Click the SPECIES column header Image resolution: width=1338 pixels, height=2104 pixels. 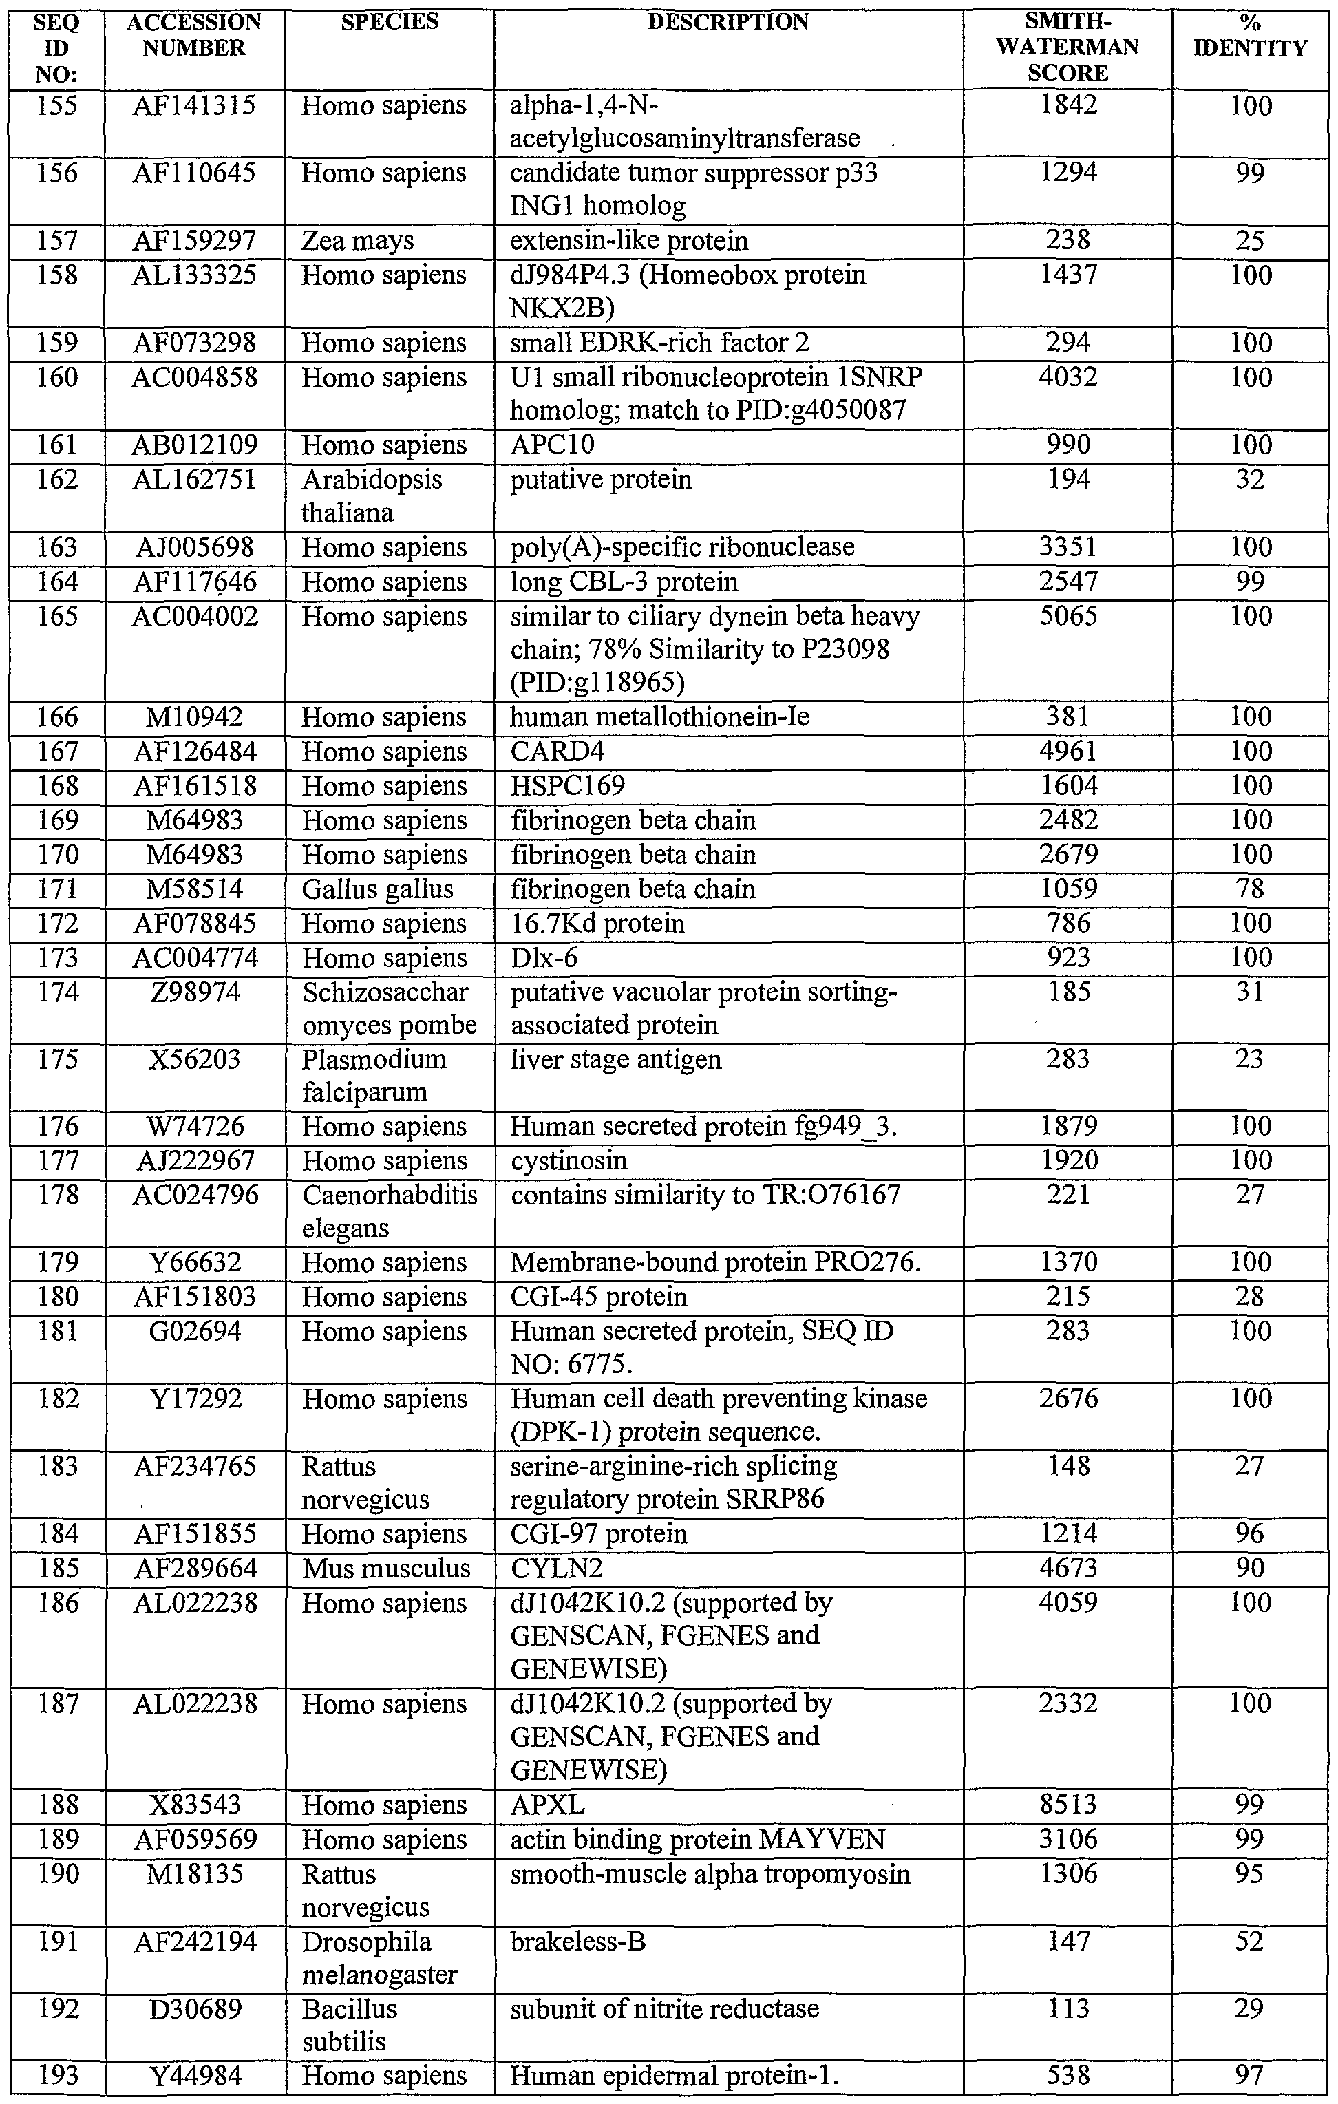(x=389, y=23)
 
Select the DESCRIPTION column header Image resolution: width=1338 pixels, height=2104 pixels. (x=728, y=23)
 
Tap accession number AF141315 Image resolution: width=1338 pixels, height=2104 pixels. (x=194, y=106)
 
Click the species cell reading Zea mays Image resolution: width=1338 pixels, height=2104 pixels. (x=357, y=241)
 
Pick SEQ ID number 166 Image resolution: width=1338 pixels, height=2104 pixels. (x=57, y=717)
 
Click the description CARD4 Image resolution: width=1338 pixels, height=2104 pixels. (x=557, y=752)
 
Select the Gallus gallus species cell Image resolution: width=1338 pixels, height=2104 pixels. (x=378, y=889)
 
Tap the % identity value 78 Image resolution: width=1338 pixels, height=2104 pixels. (x=1250, y=889)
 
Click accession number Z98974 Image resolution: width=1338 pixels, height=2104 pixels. (x=194, y=992)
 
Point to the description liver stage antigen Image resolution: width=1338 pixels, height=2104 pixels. (x=616, y=1060)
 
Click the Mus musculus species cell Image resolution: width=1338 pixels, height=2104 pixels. (x=386, y=1569)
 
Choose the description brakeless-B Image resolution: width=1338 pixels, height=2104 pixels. (x=577, y=1942)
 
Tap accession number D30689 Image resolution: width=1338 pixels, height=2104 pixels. (x=194, y=2010)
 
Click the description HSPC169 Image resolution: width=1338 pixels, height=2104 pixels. (x=568, y=785)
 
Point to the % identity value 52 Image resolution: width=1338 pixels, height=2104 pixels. (x=1250, y=1942)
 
